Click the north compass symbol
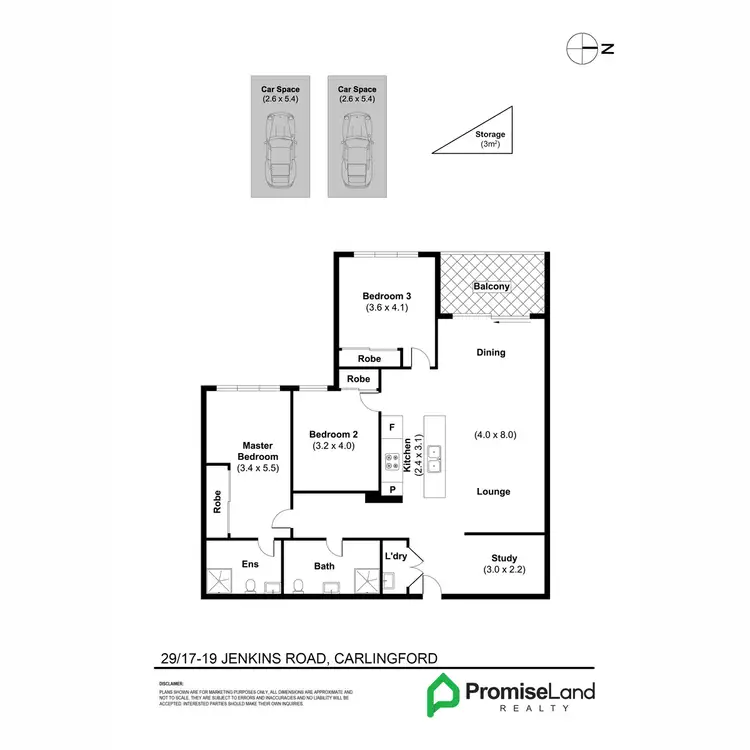pyautogui.click(x=577, y=46)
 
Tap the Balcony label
pyautogui.click(x=491, y=287)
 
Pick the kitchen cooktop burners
pyautogui.click(x=392, y=461)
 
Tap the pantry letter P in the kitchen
pyautogui.click(x=393, y=490)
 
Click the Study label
pyautogui.click(x=503, y=558)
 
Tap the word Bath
pyautogui.click(x=324, y=567)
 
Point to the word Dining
pyautogui.click(x=491, y=352)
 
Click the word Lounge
pyautogui.click(x=493, y=491)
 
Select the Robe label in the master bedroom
pyautogui.click(x=217, y=502)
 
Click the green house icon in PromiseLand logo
pyautogui.click(x=443, y=694)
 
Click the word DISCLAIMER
pyautogui.click(x=173, y=684)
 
